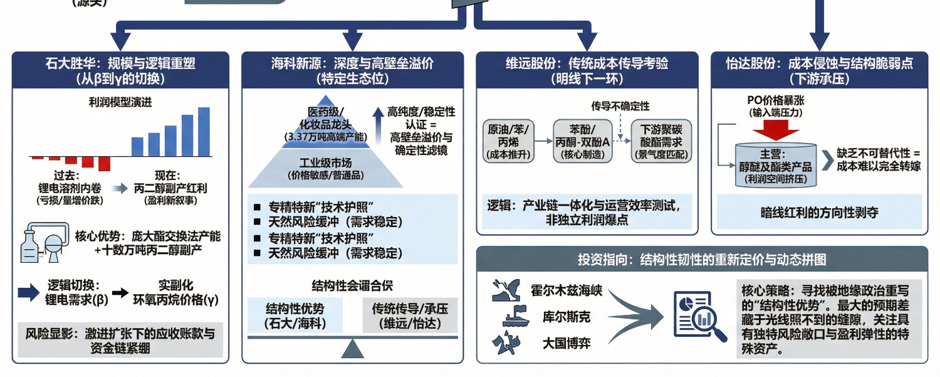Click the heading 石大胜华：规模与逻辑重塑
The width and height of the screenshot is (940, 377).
click(120, 63)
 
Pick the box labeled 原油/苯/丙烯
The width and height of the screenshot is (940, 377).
click(508, 142)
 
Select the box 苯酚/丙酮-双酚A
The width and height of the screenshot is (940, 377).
click(583, 142)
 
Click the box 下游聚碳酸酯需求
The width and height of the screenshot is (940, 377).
click(661, 142)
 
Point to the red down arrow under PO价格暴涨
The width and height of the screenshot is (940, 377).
click(775, 130)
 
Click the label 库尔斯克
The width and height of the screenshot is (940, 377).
click(566, 317)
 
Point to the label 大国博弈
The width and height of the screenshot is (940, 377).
click(566, 343)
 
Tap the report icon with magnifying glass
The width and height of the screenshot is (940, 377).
click(694, 314)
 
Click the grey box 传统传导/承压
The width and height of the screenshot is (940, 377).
click(410, 316)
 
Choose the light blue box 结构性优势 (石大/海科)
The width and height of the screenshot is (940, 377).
click(295, 316)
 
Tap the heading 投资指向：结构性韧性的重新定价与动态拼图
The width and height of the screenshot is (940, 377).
click(701, 259)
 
